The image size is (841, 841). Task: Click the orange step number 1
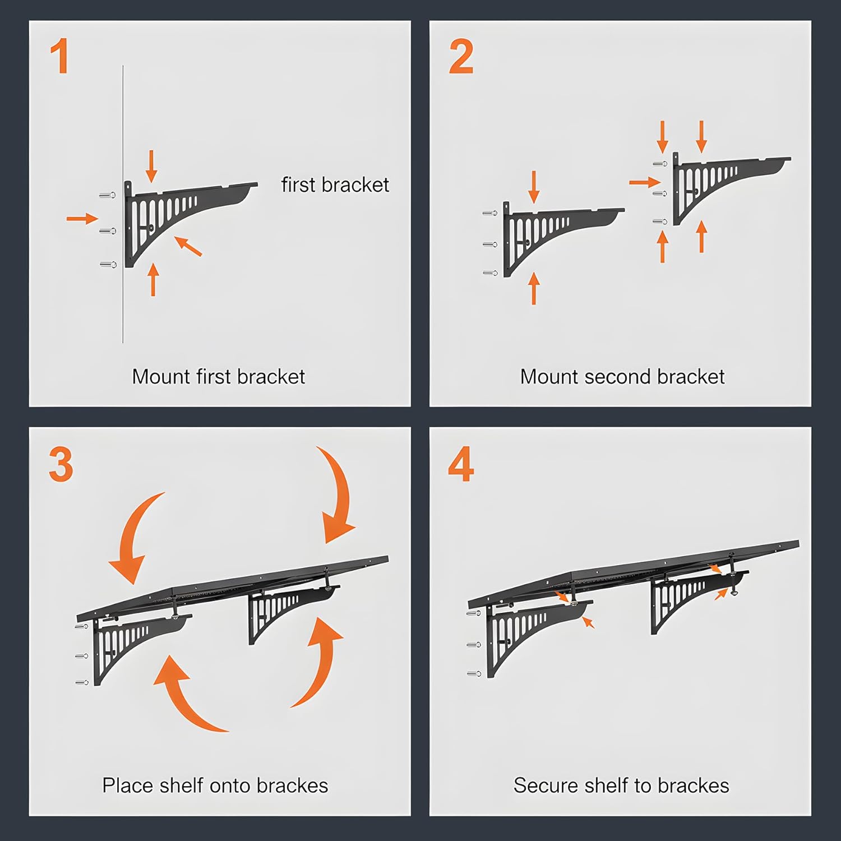click(59, 56)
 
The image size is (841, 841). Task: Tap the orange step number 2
click(461, 57)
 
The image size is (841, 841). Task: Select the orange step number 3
click(61, 464)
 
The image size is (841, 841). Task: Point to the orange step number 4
click(461, 464)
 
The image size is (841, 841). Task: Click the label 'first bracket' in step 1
click(335, 184)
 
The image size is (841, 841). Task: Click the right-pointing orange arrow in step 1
click(82, 218)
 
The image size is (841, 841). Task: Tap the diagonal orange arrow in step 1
click(188, 246)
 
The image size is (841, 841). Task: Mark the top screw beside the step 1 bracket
click(108, 195)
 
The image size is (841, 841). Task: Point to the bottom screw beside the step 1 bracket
click(108, 264)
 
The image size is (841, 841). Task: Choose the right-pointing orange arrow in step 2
click(645, 182)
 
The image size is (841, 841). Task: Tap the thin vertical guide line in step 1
click(123, 204)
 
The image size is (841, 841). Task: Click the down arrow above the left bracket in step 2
click(534, 187)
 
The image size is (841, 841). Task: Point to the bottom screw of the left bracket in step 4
click(474, 673)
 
